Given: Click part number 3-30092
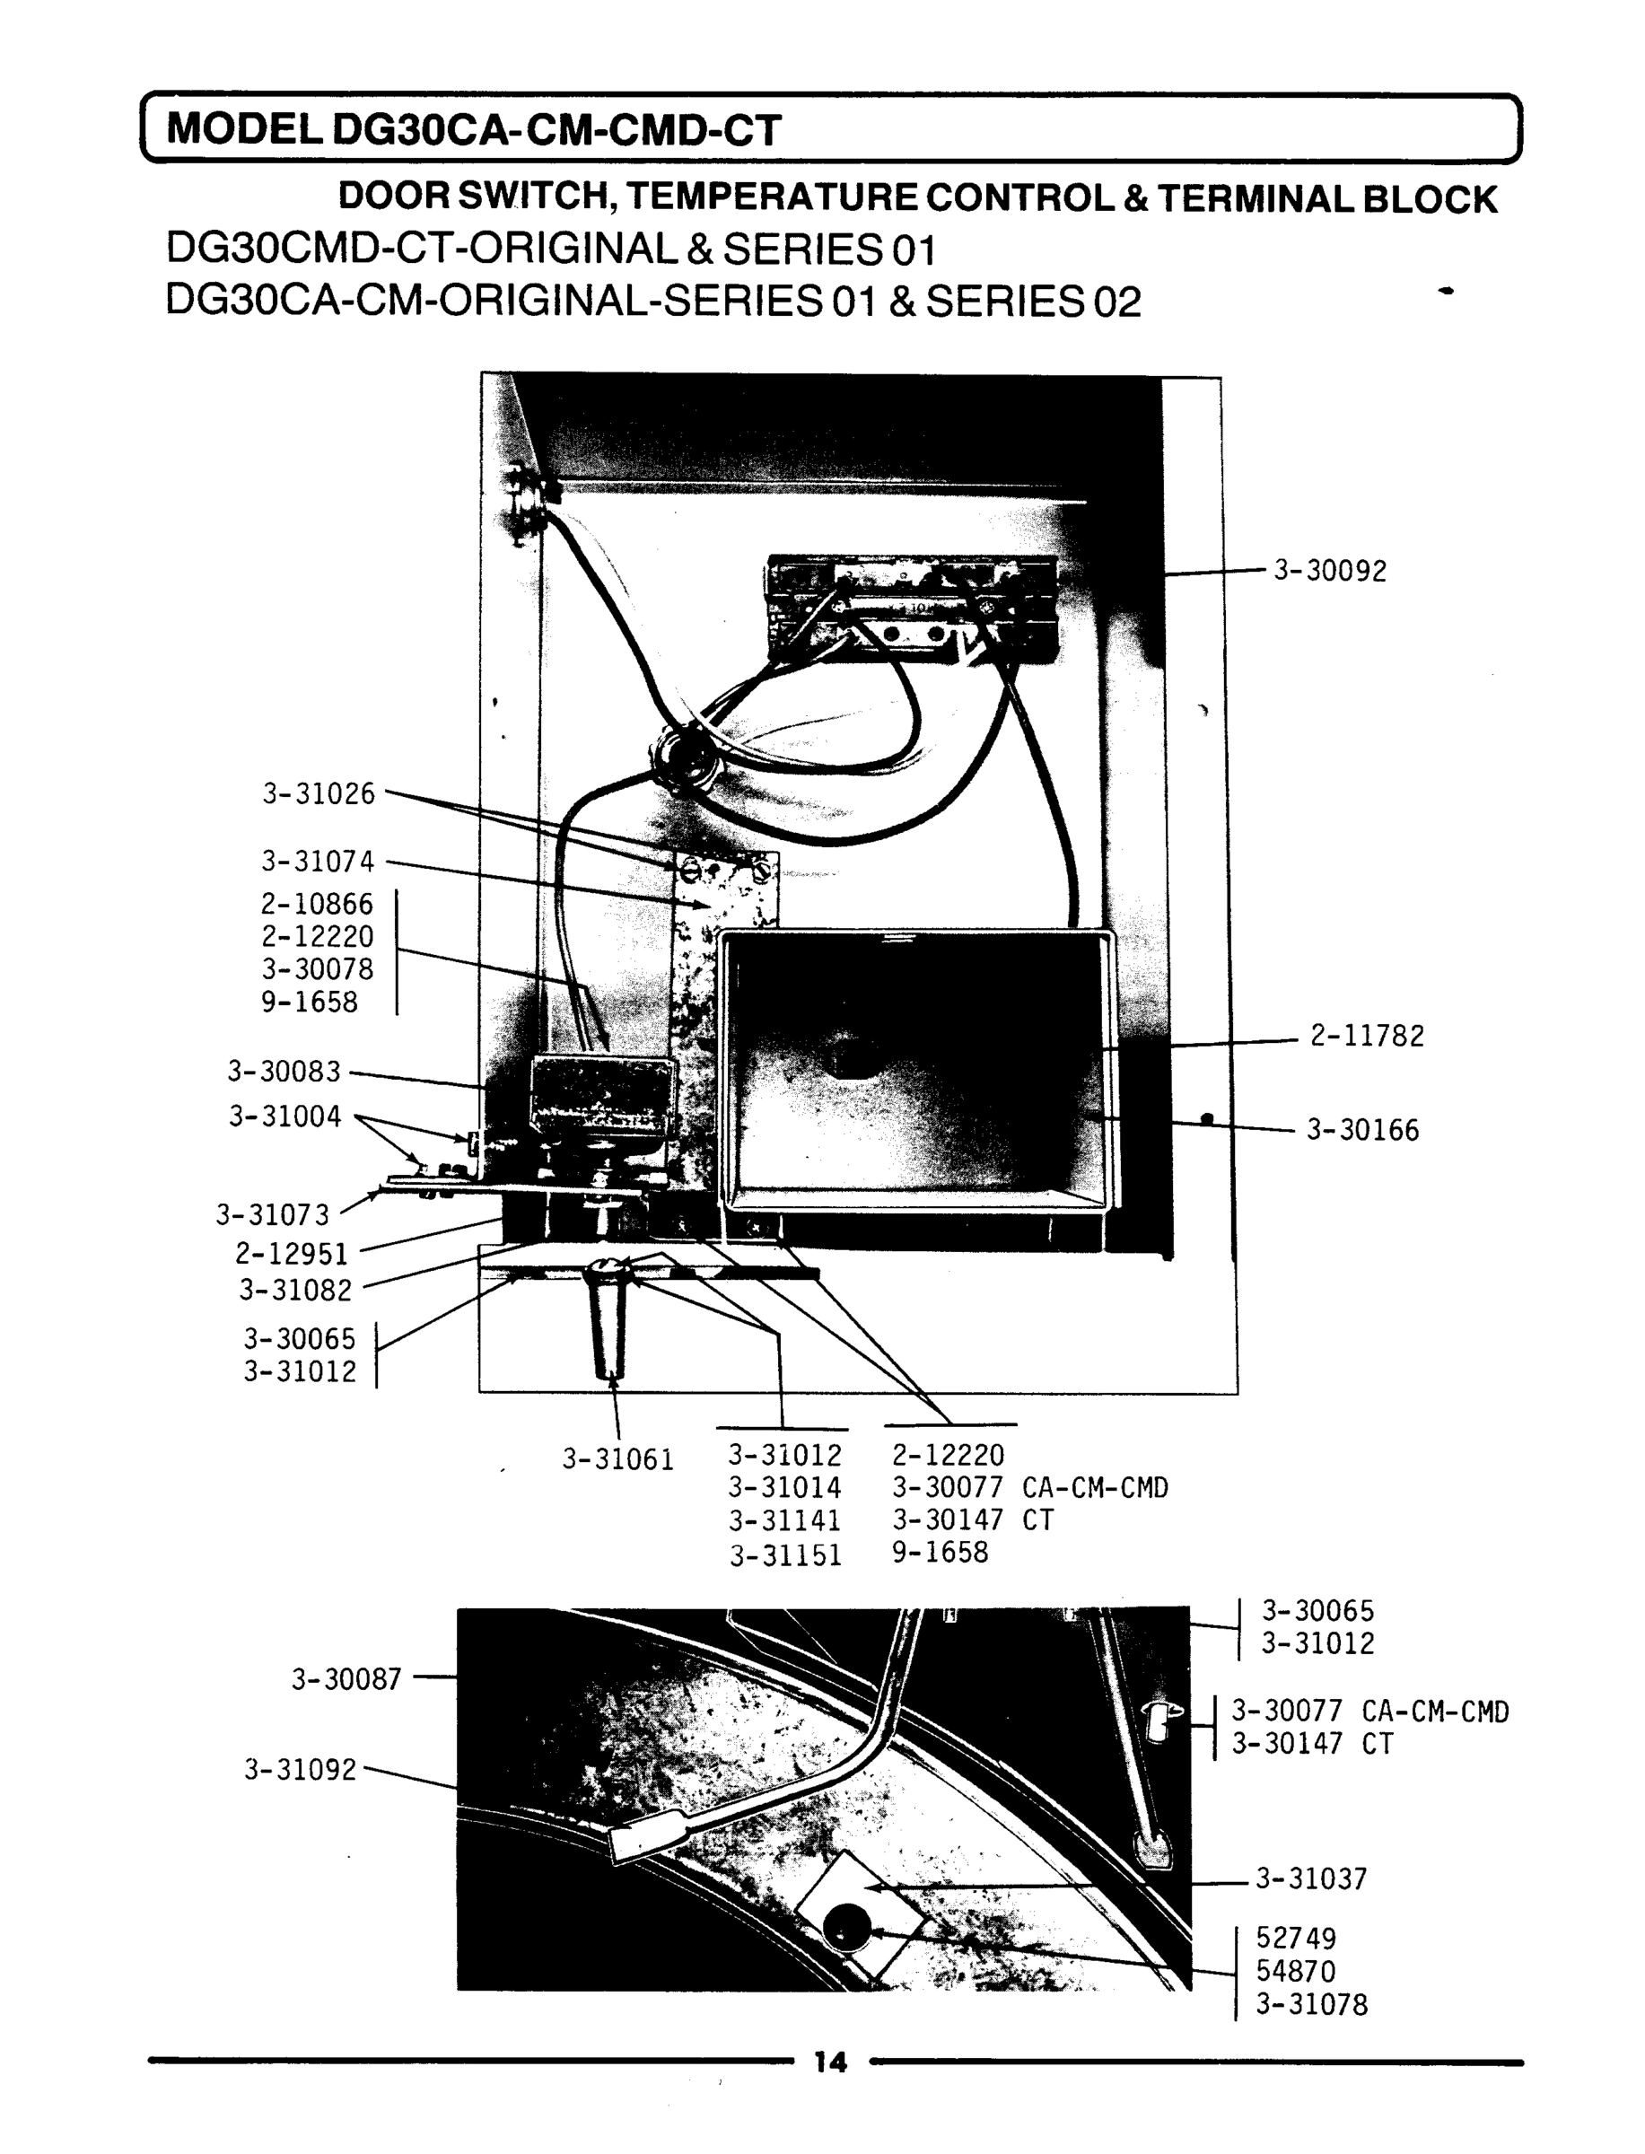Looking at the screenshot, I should (x=1329, y=571).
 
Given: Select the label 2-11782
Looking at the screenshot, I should (x=1367, y=1036).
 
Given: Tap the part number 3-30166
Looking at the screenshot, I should (x=1362, y=1131).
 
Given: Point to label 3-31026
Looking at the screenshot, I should (x=319, y=794).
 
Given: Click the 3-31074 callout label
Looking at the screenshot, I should (x=318, y=862).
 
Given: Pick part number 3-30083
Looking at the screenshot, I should (x=284, y=1073).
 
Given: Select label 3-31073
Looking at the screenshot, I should (x=273, y=1215).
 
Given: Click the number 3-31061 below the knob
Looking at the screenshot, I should (x=617, y=1460).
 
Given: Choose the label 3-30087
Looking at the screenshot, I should (x=346, y=1680).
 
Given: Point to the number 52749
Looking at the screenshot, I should (x=1295, y=1939).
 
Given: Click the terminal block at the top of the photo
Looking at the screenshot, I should (x=911, y=612).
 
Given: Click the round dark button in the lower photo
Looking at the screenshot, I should (x=845, y=1929).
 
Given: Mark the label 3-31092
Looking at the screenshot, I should (x=301, y=1770).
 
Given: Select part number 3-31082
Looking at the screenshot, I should (x=296, y=1291).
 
